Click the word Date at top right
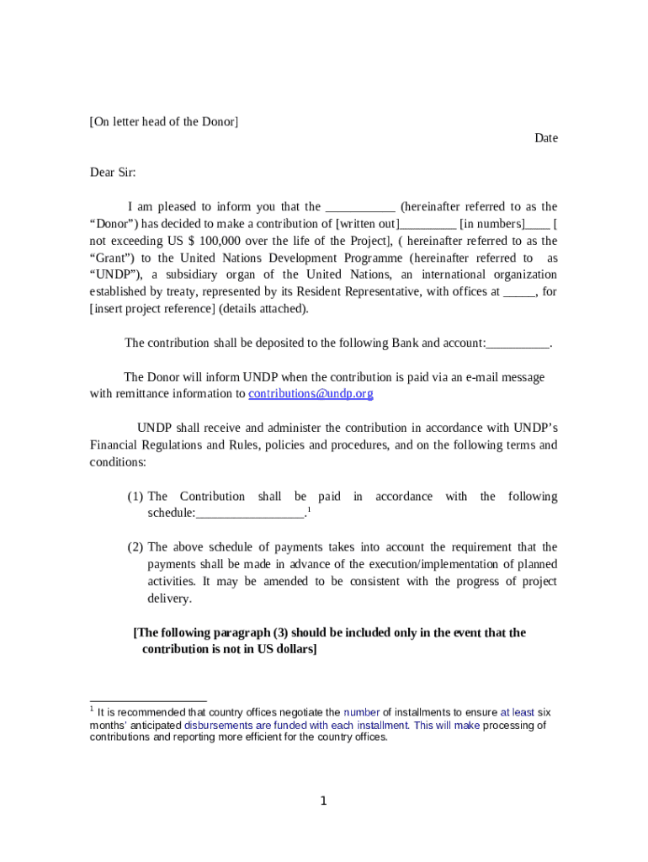pyautogui.click(x=546, y=138)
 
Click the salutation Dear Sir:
pyautogui.click(x=113, y=173)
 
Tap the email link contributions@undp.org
pyautogui.click(x=311, y=393)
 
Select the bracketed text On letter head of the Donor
pyautogui.click(x=164, y=121)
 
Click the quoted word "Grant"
pyautogui.click(x=113, y=258)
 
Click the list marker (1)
pyautogui.click(x=135, y=497)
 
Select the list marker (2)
pyautogui.click(x=135, y=547)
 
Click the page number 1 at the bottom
pyautogui.click(x=323, y=801)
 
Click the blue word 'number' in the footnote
pyautogui.click(x=361, y=712)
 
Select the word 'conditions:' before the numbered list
pyautogui.click(x=118, y=462)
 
